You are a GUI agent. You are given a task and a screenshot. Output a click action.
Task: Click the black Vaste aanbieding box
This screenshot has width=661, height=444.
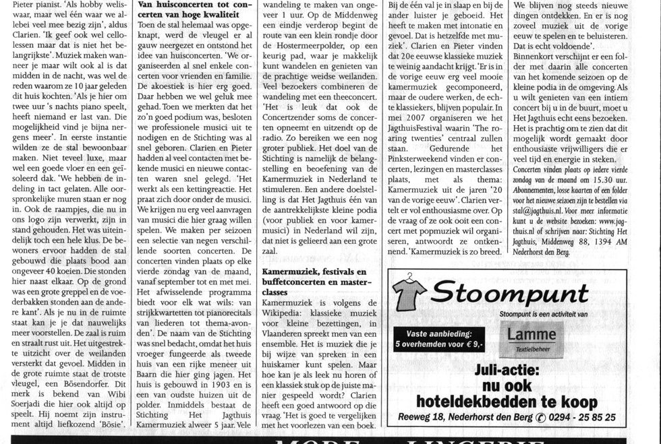point(439,338)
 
